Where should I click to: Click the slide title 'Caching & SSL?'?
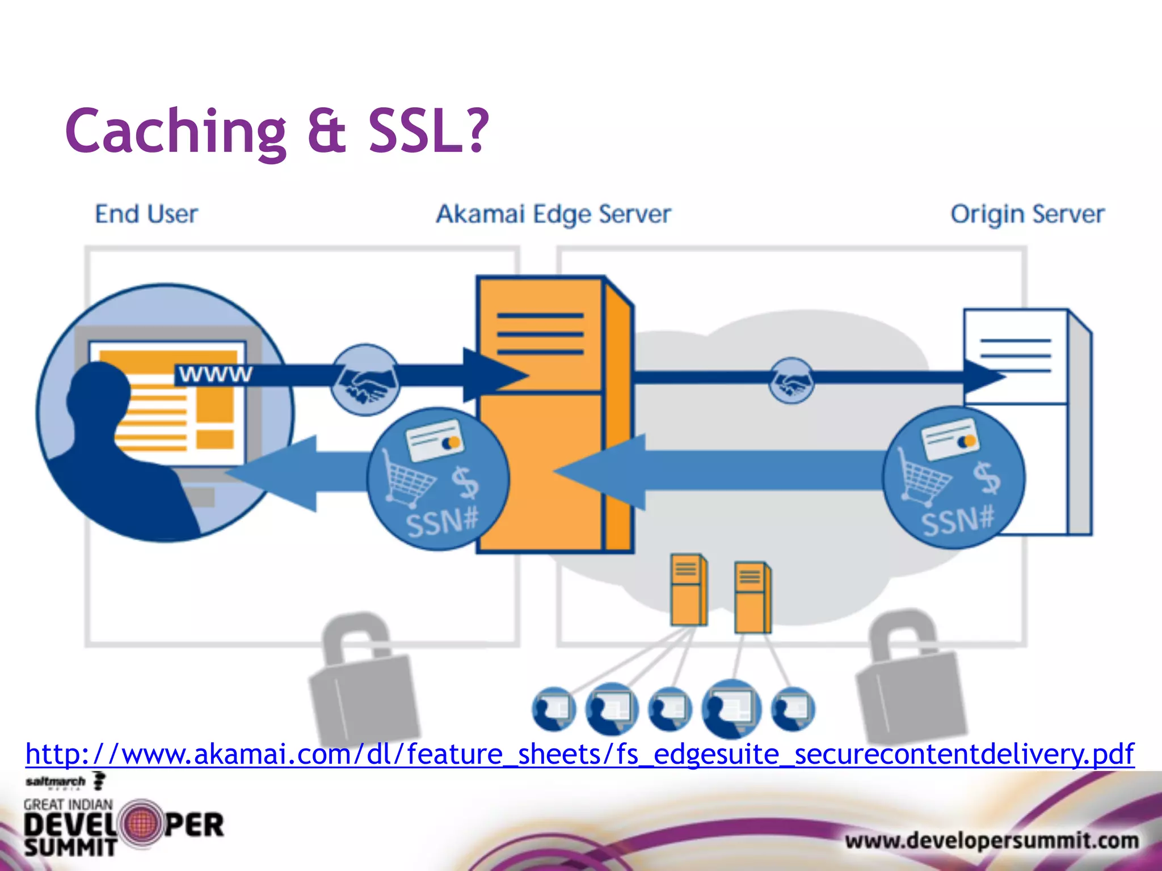click(277, 132)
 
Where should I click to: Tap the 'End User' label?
click(146, 214)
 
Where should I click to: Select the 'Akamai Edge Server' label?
click(553, 215)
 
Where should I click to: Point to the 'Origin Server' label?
click(1027, 215)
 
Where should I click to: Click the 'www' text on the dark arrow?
click(215, 374)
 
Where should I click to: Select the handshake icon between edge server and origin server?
click(791, 380)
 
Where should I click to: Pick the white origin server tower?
click(1027, 363)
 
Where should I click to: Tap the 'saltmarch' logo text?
click(55, 782)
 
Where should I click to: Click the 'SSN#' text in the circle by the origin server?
click(957, 521)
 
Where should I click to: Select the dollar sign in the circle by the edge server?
click(465, 482)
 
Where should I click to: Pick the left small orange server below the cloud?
click(688, 590)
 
